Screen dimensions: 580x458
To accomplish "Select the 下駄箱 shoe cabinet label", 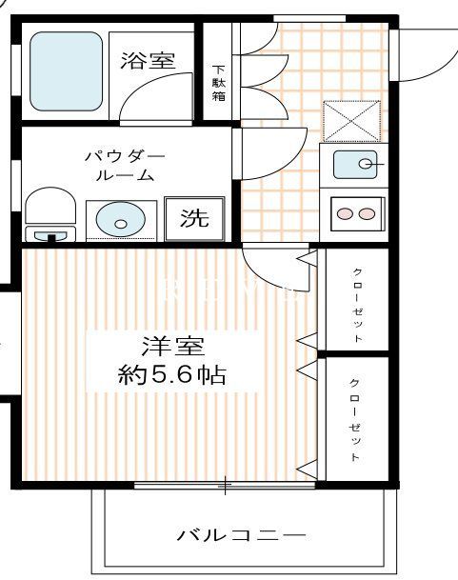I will (218, 83).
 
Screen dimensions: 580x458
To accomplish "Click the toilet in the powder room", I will (50, 213).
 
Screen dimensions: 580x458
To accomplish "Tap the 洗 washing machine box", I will (194, 218).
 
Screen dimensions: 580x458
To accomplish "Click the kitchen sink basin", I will (356, 165).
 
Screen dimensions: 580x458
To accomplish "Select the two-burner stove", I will (356, 213).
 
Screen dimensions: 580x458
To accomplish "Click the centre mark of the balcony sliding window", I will (226, 487).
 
